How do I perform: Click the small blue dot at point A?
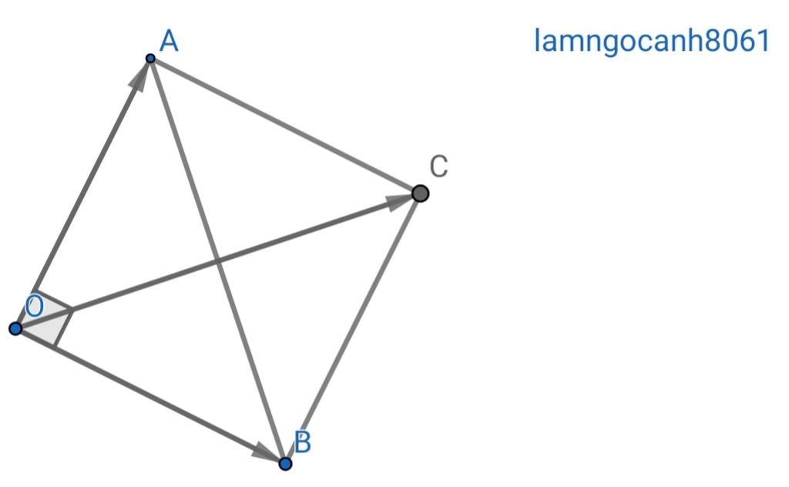tap(150, 59)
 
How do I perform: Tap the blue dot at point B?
tap(285, 463)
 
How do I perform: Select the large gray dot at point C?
tap(420, 193)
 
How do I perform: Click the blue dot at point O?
tap(15, 329)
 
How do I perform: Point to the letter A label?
tap(169, 42)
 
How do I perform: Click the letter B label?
tap(302, 442)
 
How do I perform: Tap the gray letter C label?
tap(438, 166)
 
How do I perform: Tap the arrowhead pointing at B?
tap(267, 452)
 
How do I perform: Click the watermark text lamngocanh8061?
tap(652, 41)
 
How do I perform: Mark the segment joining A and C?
tap(285, 126)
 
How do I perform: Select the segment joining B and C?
tap(353, 328)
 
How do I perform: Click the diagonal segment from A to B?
tap(217, 261)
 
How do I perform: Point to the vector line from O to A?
tap(82, 193)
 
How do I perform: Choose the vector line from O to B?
tap(150, 396)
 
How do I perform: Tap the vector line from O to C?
tap(218, 261)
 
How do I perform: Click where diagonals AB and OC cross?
tap(217, 261)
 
